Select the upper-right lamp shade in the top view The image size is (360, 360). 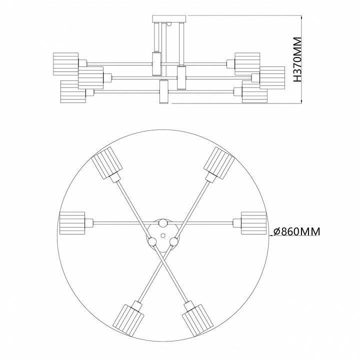219,162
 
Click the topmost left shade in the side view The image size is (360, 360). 65,63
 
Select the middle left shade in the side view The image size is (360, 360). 90,77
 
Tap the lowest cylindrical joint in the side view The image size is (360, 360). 162,92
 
